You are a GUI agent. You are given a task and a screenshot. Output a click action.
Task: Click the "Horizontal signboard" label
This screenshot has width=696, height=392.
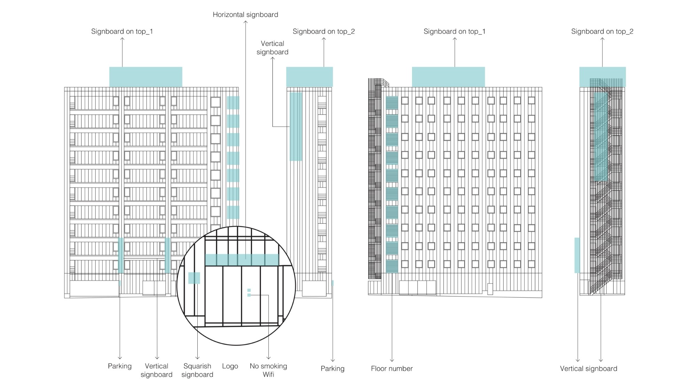[x=245, y=15]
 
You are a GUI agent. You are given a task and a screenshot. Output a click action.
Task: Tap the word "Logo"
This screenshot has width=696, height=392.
[x=230, y=366]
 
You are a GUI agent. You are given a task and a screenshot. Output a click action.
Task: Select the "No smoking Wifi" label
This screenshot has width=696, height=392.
[x=268, y=370]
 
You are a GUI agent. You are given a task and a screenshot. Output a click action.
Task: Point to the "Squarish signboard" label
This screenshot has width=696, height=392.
[x=197, y=370]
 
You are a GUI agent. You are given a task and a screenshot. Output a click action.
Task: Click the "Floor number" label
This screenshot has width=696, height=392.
[x=391, y=369]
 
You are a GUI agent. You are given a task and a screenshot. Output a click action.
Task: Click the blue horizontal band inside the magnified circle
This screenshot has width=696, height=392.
[x=242, y=260]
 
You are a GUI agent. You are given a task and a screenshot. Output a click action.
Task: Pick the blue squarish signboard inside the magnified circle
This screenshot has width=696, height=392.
[x=194, y=278]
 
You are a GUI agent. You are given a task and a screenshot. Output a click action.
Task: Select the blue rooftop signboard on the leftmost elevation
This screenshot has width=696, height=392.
[x=145, y=77]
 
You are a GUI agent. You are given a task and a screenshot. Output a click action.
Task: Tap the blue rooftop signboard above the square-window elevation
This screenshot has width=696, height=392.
[x=448, y=77]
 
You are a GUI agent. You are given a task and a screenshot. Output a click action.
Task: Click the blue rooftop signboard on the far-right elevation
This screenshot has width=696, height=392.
[x=602, y=77]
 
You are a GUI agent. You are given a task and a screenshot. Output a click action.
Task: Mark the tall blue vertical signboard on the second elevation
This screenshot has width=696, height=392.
[x=296, y=126]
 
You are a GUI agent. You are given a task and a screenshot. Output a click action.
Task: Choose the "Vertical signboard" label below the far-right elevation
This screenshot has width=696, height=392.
[x=588, y=369]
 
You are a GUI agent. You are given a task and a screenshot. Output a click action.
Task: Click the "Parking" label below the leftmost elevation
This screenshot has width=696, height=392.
[x=120, y=366]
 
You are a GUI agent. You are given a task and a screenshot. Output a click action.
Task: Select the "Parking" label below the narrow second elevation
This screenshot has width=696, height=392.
[x=332, y=369]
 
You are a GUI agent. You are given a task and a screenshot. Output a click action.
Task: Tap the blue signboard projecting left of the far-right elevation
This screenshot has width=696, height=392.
[x=577, y=255]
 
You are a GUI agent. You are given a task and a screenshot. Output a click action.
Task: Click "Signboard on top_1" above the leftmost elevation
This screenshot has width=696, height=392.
[x=122, y=31]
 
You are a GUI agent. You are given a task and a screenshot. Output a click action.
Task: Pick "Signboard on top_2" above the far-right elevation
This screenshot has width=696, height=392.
[x=602, y=31]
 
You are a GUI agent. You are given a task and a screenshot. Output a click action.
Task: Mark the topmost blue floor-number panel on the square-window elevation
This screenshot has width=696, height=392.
[x=392, y=103]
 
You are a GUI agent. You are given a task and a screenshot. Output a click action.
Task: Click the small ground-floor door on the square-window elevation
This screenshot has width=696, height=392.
[x=490, y=289]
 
